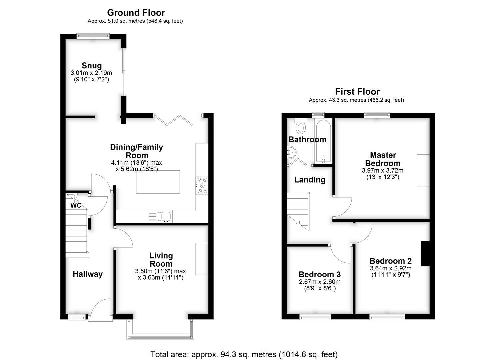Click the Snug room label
click(x=92, y=66)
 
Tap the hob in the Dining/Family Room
click(x=202, y=185)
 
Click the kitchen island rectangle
click(x=158, y=182)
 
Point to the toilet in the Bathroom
click(x=301, y=126)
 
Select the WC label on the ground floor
click(x=76, y=205)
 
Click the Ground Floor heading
click(x=136, y=13)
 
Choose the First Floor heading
click(x=357, y=91)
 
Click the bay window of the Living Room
click(x=160, y=329)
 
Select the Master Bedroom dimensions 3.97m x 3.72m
click(x=383, y=171)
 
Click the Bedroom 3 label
click(x=320, y=274)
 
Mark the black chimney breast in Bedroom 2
click(x=425, y=253)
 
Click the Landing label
click(x=310, y=180)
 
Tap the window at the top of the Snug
click(x=93, y=36)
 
